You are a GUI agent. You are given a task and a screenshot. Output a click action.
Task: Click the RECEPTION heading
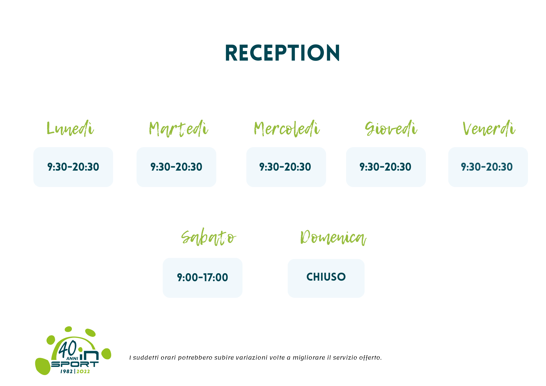tap(283, 53)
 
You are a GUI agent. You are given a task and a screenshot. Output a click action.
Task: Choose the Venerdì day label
tap(489, 128)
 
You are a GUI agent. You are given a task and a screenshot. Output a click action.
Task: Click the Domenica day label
tap(333, 237)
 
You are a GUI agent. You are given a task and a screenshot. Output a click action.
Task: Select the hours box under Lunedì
tap(73, 167)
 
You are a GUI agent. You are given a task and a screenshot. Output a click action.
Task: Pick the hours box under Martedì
tap(176, 167)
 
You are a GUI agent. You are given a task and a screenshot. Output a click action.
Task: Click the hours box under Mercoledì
tap(286, 167)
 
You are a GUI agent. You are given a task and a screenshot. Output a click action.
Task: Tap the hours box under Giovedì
tap(386, 167)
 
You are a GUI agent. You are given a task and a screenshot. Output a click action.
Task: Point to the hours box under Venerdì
tap(488, 167)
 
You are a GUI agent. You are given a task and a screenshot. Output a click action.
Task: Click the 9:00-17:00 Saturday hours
tap(203, 277)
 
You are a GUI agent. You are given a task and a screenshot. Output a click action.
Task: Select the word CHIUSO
tap(326, 277)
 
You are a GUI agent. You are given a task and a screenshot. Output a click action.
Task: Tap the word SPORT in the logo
tap(75, 364)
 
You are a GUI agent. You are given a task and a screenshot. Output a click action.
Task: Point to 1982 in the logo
tap(67, 372)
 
